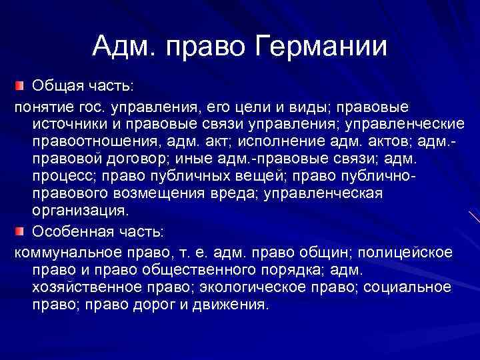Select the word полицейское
[x=402, y=253]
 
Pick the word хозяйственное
[x=85, y=287]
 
